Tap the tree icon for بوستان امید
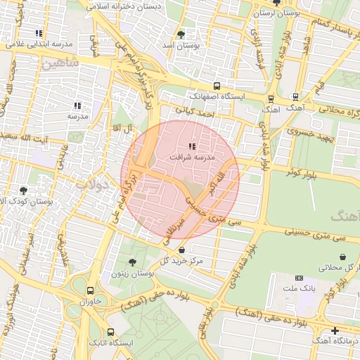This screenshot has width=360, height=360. click(x=181, y=34)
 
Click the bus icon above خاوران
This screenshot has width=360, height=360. click(x=90, y=290)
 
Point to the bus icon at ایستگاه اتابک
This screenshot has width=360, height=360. click(x=110, y=332)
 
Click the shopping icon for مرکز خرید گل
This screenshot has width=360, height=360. click(x=182, y=250)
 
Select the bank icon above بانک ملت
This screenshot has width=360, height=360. click(x=300, y=278)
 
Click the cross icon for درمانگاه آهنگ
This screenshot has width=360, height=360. click(x=335, y=330)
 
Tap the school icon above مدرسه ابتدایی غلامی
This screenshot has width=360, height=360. click(x=39, y=32)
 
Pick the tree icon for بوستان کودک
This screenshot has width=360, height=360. click(x=24, y=191)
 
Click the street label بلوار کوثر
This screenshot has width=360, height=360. click(x=303, y=171)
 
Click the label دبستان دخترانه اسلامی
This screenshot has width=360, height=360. click(x=133, y=6)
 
